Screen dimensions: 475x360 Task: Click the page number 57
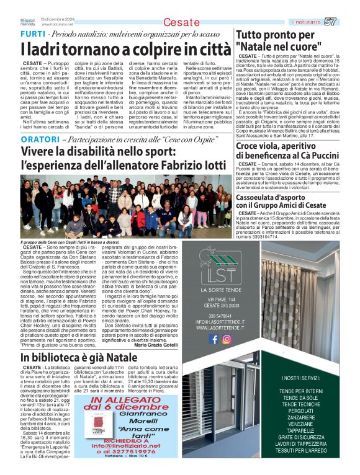(348, 22)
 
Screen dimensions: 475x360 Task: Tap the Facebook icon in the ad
(213, 339)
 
